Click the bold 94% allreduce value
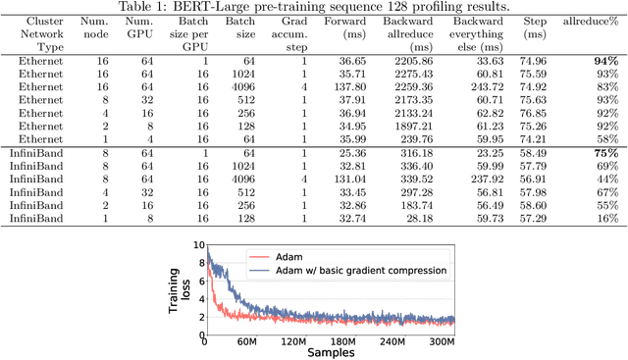coord(604,60)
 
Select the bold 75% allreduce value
coord(604,154)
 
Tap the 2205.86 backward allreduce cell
coord(405,60)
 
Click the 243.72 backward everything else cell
coord(481,86)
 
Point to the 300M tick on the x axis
coord(439,340)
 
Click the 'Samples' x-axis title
coord(329,352)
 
